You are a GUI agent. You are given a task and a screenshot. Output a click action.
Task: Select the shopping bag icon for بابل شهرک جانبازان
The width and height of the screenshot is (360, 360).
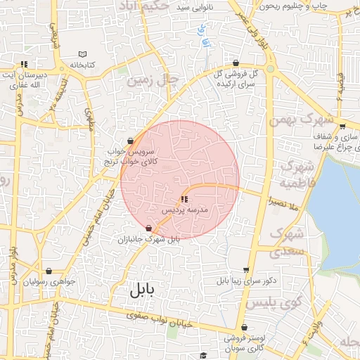[148, 228]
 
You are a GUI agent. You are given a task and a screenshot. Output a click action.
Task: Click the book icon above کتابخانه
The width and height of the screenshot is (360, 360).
[83, 54]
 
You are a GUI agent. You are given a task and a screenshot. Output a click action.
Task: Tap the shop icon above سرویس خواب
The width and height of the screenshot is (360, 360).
[131, 140]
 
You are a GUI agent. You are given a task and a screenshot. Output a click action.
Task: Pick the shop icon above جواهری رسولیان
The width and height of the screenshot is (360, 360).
[49, 271]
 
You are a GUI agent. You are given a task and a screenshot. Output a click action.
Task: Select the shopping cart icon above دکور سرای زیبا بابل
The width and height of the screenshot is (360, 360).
[245, 270]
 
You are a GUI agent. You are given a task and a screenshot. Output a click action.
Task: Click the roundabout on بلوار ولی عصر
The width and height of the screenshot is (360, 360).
[271, 69]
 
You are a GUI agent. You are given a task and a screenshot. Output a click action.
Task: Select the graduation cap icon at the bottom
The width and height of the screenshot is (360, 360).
[202, 356]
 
